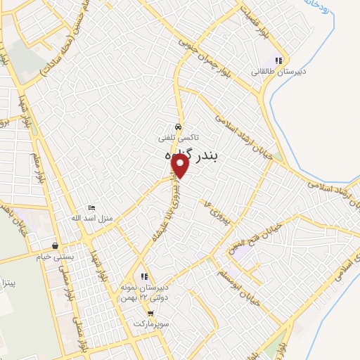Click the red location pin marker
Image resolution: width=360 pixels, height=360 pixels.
[181, 166]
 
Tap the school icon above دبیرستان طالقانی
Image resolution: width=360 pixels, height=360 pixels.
[278, 60]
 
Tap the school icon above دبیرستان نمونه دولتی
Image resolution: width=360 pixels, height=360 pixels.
[144, 276]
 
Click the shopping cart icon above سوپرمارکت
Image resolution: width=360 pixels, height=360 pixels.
[143, 314]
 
